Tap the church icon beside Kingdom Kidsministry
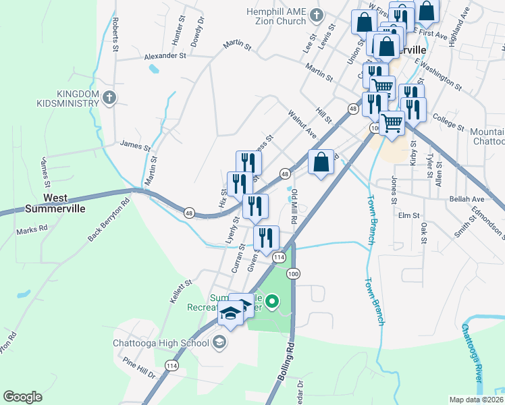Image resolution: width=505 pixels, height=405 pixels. coord(111,99)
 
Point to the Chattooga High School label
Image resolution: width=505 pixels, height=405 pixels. coord(161,343)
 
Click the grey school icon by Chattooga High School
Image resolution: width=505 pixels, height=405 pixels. coord(219,344)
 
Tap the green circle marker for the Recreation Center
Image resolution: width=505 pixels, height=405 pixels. coord(271,302)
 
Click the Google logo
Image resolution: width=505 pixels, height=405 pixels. coord(22,397)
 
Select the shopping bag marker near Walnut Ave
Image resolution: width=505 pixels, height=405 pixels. coord(321,162)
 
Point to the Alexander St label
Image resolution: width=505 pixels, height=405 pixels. coord(165,56)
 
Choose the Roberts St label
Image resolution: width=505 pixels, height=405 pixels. coord(115,35)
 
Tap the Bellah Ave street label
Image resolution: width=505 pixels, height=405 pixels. coord(467,200)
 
